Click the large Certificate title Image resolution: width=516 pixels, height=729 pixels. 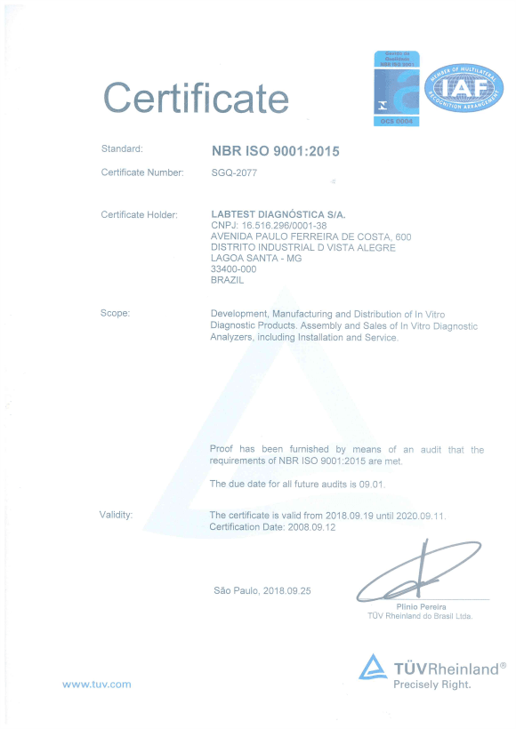pos(197,96)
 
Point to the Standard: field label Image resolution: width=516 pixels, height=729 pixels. pos(122,148)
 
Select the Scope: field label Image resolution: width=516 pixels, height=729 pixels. pos(116,313)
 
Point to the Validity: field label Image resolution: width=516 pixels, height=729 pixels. pos(117,515)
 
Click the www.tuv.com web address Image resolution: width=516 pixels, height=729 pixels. pos(96,684)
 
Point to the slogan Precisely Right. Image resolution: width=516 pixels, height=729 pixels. pos(432,685)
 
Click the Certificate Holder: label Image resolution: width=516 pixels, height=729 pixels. pos(140,214)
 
